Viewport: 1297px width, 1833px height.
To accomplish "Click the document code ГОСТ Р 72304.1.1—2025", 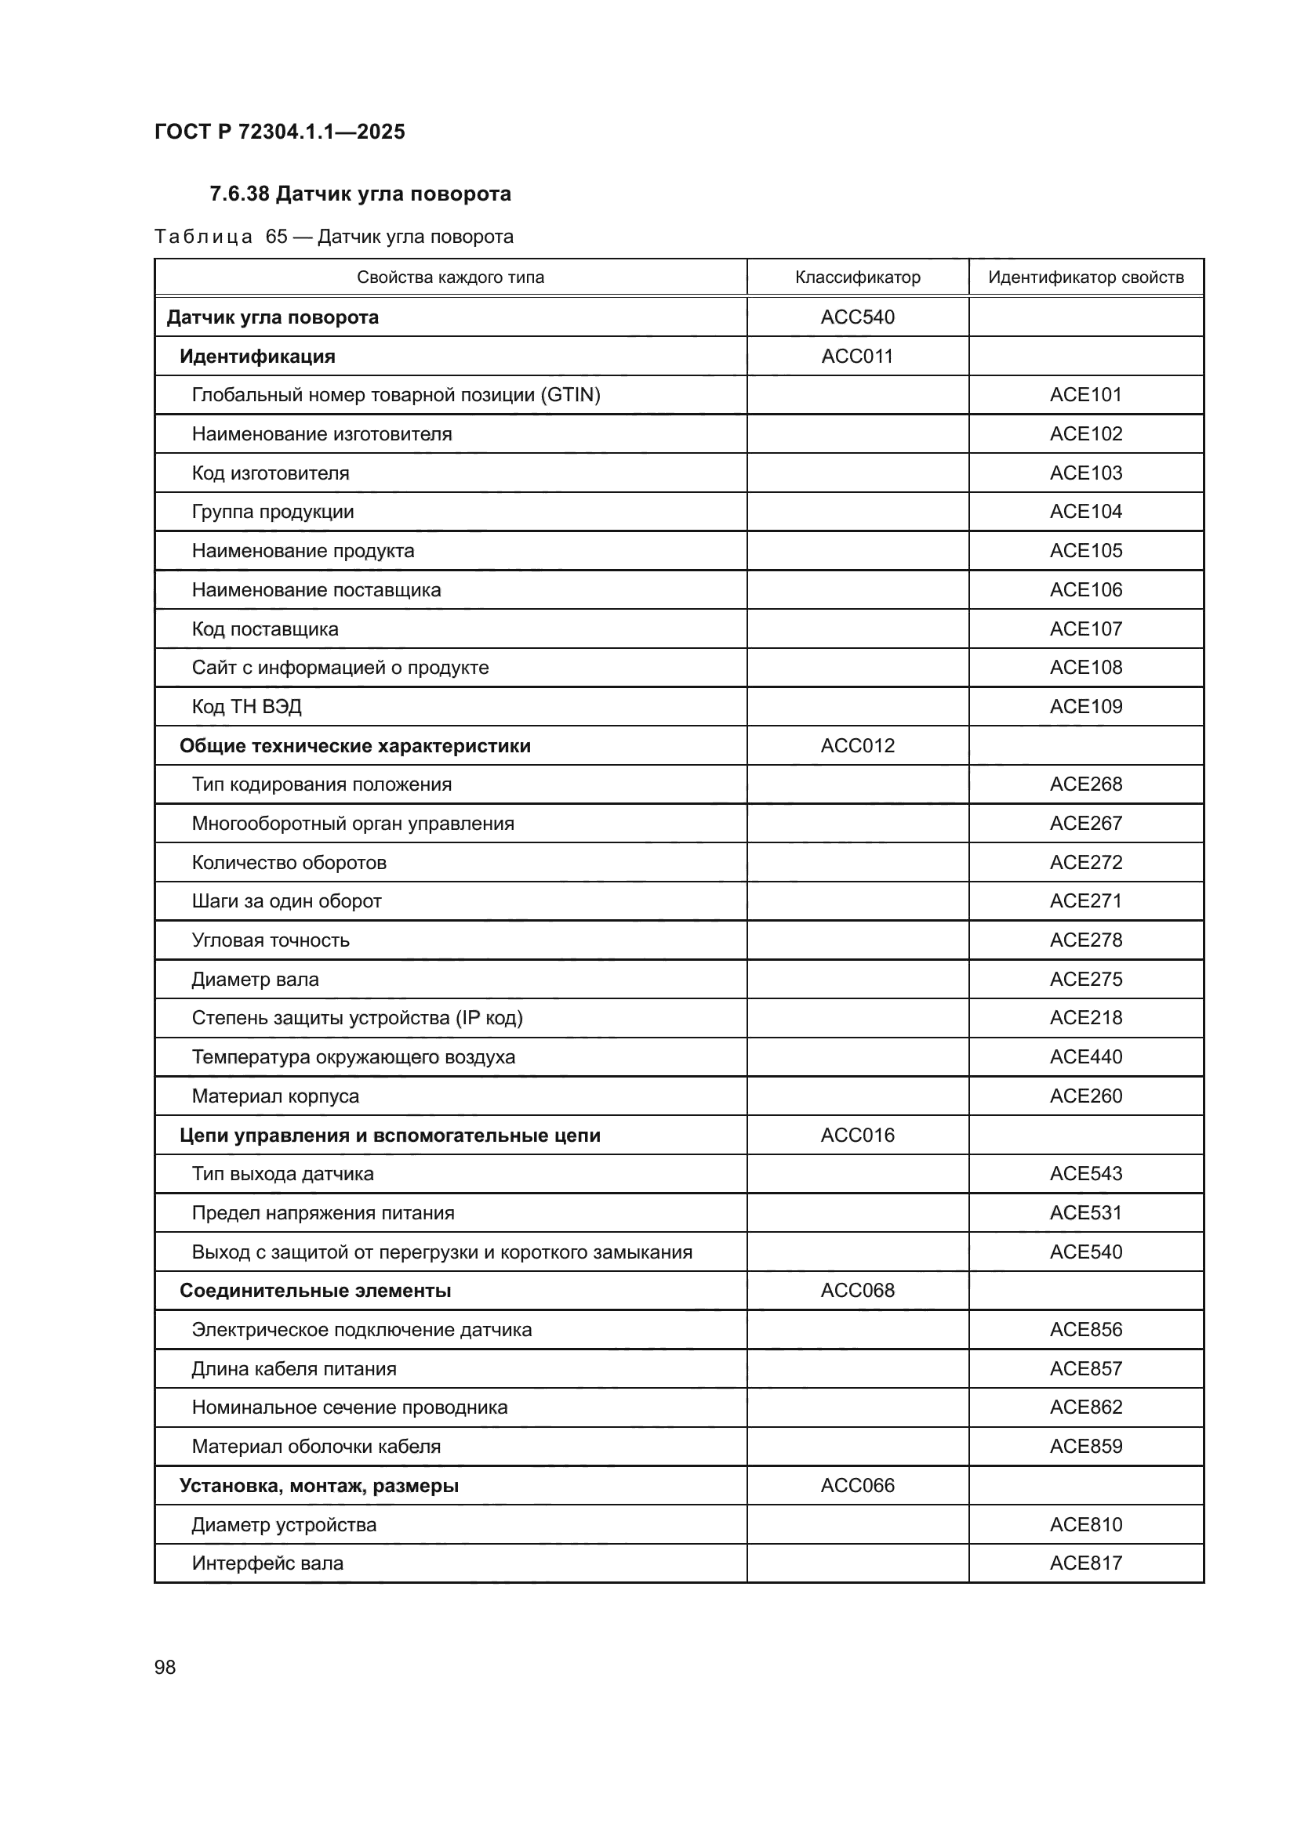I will pos(279,132).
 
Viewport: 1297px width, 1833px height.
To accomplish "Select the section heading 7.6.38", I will pos(359,194).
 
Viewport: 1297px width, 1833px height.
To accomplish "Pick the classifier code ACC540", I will pos(857,317).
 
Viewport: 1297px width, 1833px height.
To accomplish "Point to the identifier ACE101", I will pos(1085,394).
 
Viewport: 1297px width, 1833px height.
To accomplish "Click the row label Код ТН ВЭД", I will pos(246,707).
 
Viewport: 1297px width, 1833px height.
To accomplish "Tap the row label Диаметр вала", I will pos(255,980).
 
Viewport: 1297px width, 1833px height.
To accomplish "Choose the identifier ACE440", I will pos(1085,1057).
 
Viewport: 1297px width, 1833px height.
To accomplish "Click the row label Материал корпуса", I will pos(274,1096).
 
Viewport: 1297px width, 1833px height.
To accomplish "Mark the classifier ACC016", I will pos(857,1136).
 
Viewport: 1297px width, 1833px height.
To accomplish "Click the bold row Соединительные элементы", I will pos(314,1291).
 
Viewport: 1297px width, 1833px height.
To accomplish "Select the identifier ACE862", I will pos(1085,1407).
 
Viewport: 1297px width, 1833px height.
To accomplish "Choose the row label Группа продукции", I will pos(272,512).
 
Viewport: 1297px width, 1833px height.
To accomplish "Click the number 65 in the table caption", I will pos(276,237).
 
